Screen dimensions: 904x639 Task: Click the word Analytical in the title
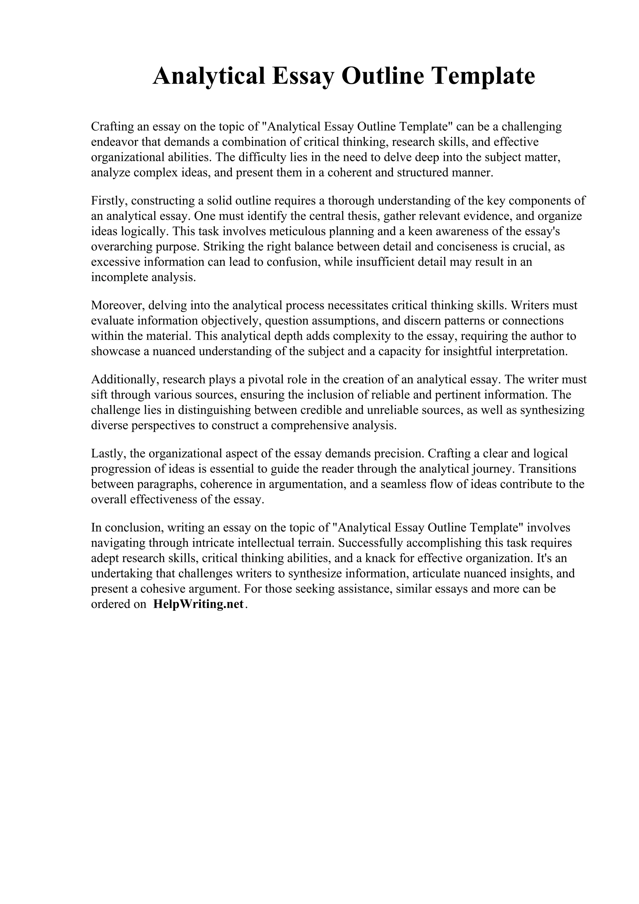[x=209, y=76]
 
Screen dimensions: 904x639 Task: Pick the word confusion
[x=292, y=262]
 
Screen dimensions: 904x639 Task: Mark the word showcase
[x=115, y=352]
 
